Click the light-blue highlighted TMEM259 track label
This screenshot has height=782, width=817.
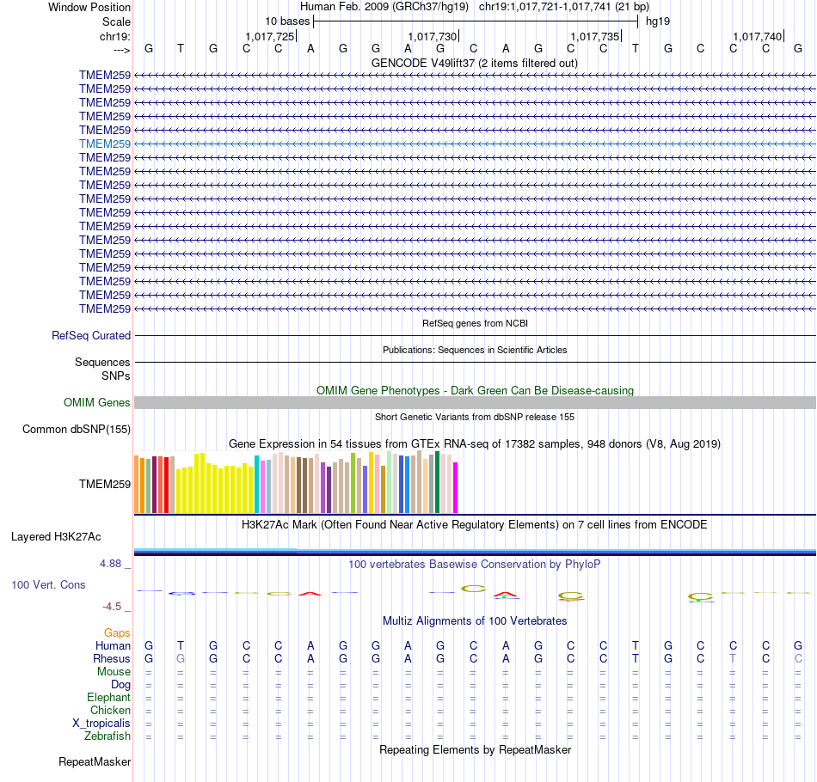tap(104, 144)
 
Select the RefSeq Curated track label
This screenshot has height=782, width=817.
tap(91, 336)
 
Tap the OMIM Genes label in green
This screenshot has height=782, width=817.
tap(96, 403)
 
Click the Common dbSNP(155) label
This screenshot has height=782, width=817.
tap(77, 430)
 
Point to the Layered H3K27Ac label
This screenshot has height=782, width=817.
tap(56, 537)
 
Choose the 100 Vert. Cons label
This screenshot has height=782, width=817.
tap(48, 584)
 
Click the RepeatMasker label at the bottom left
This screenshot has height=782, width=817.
tap(95, 762)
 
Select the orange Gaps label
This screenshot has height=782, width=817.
tap(117, 632)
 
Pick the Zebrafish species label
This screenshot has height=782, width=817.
tap(107, 736)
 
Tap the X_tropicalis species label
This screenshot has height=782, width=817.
tap(101, 724)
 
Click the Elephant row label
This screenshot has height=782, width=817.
tap(108, 698)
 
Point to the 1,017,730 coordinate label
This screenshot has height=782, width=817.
tap(433, 37)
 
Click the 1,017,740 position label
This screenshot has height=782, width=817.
tap(758, 37)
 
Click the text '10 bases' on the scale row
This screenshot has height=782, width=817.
tap(287, 21)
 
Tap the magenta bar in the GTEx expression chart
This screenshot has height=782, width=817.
tap(456, 488)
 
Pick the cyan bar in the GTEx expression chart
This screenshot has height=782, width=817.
tap(257, 485)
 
